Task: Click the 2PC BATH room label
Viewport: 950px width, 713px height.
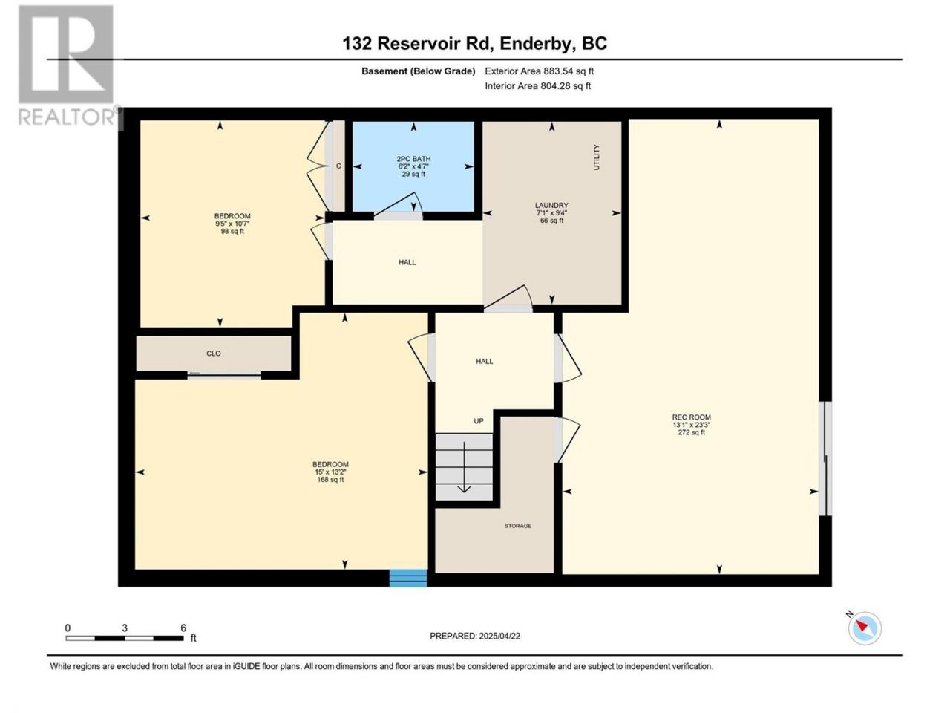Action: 413,159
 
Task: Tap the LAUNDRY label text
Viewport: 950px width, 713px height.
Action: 551,205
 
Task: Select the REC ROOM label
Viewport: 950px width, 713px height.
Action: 691,417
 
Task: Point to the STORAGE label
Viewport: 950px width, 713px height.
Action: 517,526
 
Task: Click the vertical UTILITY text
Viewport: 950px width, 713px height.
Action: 597,157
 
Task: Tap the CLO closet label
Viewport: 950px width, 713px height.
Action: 213,354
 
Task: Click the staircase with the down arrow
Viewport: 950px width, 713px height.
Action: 464,466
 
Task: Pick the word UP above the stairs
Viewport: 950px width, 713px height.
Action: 478,421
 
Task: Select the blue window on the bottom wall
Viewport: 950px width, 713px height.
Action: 408,578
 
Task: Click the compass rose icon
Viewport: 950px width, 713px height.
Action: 865,628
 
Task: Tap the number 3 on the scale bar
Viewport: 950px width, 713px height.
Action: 125,628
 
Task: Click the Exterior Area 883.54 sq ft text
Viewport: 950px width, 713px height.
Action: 540,71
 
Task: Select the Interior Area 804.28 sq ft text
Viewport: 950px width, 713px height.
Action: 537,85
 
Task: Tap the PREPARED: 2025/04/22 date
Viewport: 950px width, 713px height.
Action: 475,636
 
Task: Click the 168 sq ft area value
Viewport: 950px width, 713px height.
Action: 330,480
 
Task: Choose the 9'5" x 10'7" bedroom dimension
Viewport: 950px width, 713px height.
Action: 232,224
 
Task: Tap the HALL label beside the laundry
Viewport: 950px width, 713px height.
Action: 407,262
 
